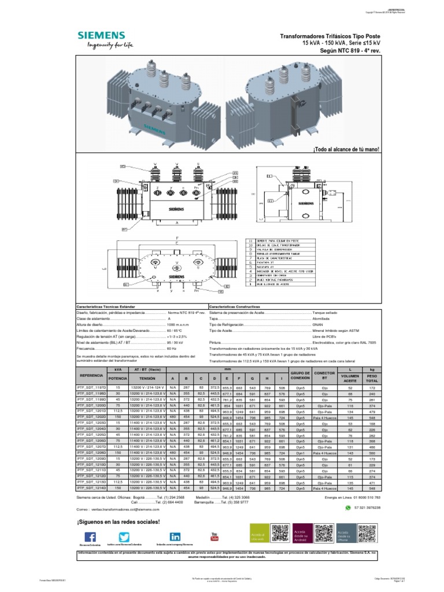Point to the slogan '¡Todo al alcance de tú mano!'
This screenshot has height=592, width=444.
346,150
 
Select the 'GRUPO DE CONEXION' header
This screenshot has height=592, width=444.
301,376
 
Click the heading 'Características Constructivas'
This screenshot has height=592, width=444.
235,306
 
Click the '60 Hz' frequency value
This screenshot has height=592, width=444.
172,349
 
